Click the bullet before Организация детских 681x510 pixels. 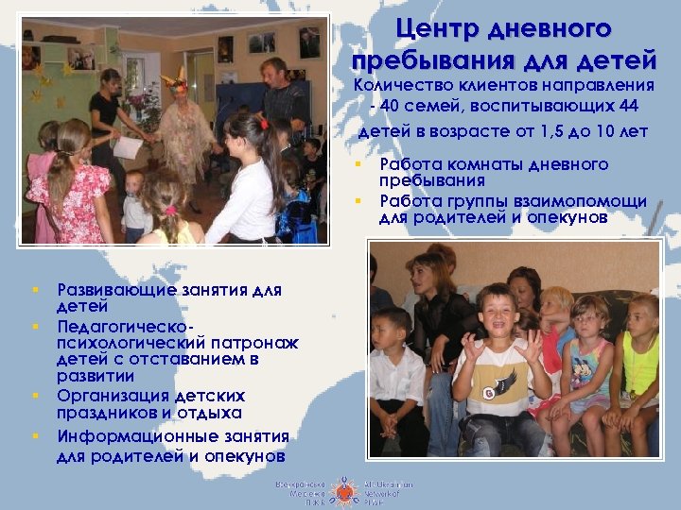(x=35, y=396)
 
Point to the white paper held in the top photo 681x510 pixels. (x=127, y=147)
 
